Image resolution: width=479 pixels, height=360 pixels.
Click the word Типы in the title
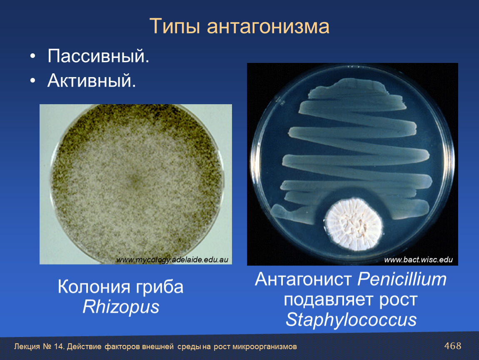pyautogui.click(x=175, y=26)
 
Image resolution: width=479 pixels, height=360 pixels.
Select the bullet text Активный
pyautogui.click(x=92, y=80)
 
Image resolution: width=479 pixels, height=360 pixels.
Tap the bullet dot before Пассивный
pyautogui.click(x=32, y=57)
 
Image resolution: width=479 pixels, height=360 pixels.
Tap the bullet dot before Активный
pyautogui.click(x=32, y=81)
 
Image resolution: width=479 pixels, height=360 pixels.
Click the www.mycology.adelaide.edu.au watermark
pyautogui.click(x=172, y=260)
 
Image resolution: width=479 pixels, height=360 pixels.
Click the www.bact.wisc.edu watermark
pyautogui.click(x=418, y=260)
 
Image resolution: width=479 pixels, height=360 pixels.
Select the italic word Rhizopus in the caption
pyautogui.click(x=121, y=307)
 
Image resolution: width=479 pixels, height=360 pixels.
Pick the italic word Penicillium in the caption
pyautogui.click(x=402, y=279)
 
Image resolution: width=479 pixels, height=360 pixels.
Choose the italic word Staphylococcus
pyautogui.click(x=351, y=320)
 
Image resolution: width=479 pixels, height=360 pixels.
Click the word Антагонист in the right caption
pyautogui.click(x=303, y=279)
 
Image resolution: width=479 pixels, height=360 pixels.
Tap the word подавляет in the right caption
pyautogui.click(x=329, y=300)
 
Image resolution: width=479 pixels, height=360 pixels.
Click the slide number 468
pyautogui.click(x=453, y=346)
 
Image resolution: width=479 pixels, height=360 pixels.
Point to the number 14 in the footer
pyautogui.click(x=58, y=347)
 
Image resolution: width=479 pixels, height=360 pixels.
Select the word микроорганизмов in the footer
pyautogui.click(x=264, y=347)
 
